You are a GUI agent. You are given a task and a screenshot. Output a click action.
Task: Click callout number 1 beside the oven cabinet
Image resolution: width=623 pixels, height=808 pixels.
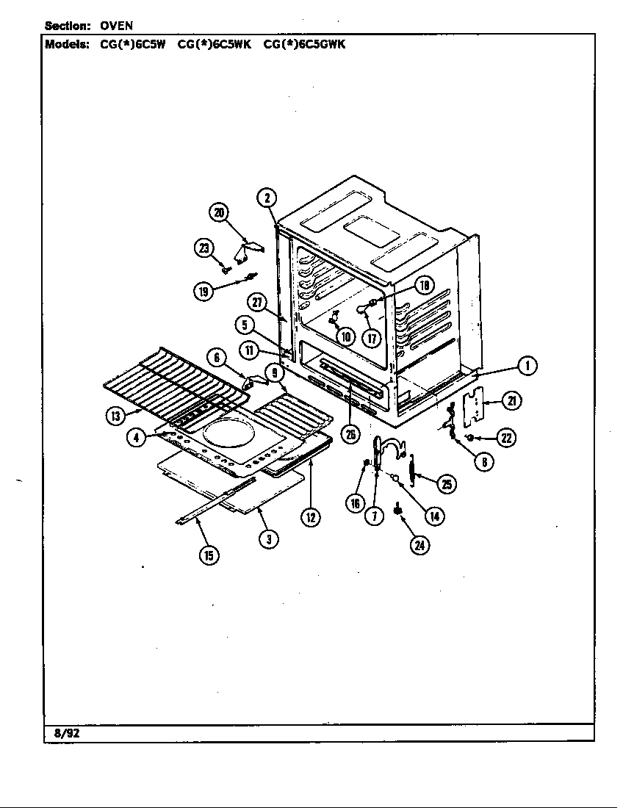click(x=526, y=365)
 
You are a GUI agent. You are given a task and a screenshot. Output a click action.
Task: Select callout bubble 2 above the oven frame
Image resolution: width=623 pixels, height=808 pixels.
click(x=267, y=197)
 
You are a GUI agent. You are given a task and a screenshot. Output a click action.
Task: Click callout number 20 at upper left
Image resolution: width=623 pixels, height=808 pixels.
click(x=218, y=213)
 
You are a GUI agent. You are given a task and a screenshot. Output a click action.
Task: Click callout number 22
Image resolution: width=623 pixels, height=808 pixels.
click(x=505, y=439)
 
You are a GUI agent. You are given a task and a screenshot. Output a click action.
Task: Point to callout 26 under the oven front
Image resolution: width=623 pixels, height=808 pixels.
click(x=351, y=434)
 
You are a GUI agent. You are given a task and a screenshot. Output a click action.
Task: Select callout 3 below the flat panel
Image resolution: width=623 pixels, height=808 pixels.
click(x=269, y=538)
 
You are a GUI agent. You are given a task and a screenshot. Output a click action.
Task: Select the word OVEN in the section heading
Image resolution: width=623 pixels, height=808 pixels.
click(x=115, y=26)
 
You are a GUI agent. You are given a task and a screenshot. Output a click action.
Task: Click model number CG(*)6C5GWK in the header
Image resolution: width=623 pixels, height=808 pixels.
click(x=304, y=43)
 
